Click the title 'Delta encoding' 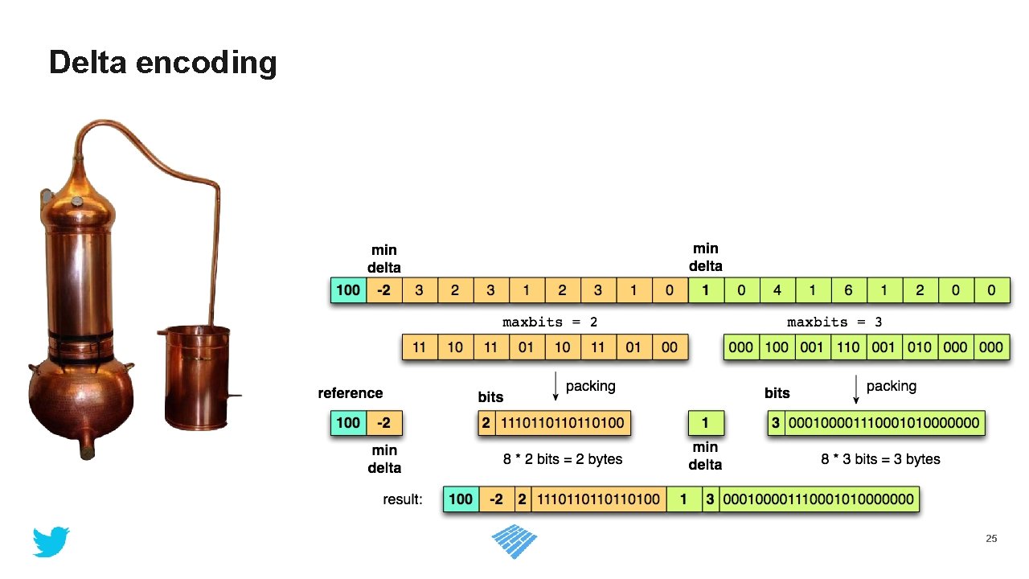point(162,62)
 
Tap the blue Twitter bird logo point(51,542)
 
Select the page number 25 point(991,538)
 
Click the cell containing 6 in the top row point(849,289)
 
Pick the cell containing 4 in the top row point(777,289)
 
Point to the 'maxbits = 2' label point(550,322)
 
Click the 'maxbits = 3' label point(834,322)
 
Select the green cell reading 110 point(848,347)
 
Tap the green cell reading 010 point(920,347)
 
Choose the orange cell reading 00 point(670,347)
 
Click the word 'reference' point(351,393)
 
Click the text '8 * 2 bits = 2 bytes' point(563,459)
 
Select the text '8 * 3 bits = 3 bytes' point(880,459)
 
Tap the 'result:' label point(403,499)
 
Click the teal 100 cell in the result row point(461,499)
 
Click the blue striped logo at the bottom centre point(514,544)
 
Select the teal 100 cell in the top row point(348,289)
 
